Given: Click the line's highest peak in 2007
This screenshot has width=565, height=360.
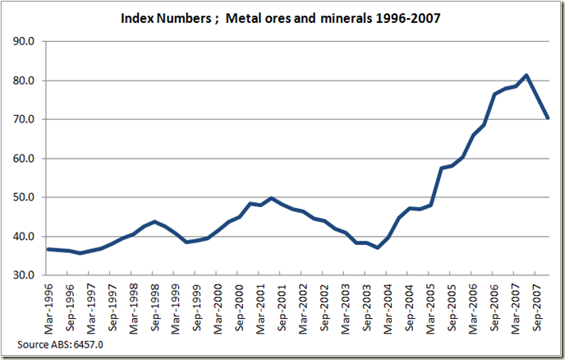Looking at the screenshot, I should [526, 76].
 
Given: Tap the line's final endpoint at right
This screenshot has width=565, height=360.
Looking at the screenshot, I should [548, 118].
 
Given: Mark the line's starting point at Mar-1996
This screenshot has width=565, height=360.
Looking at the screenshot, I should [48, 249].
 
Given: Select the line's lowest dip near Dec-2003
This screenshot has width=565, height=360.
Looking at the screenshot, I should [377, 247].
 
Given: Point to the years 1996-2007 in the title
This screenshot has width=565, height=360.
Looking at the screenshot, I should [407, 16].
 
